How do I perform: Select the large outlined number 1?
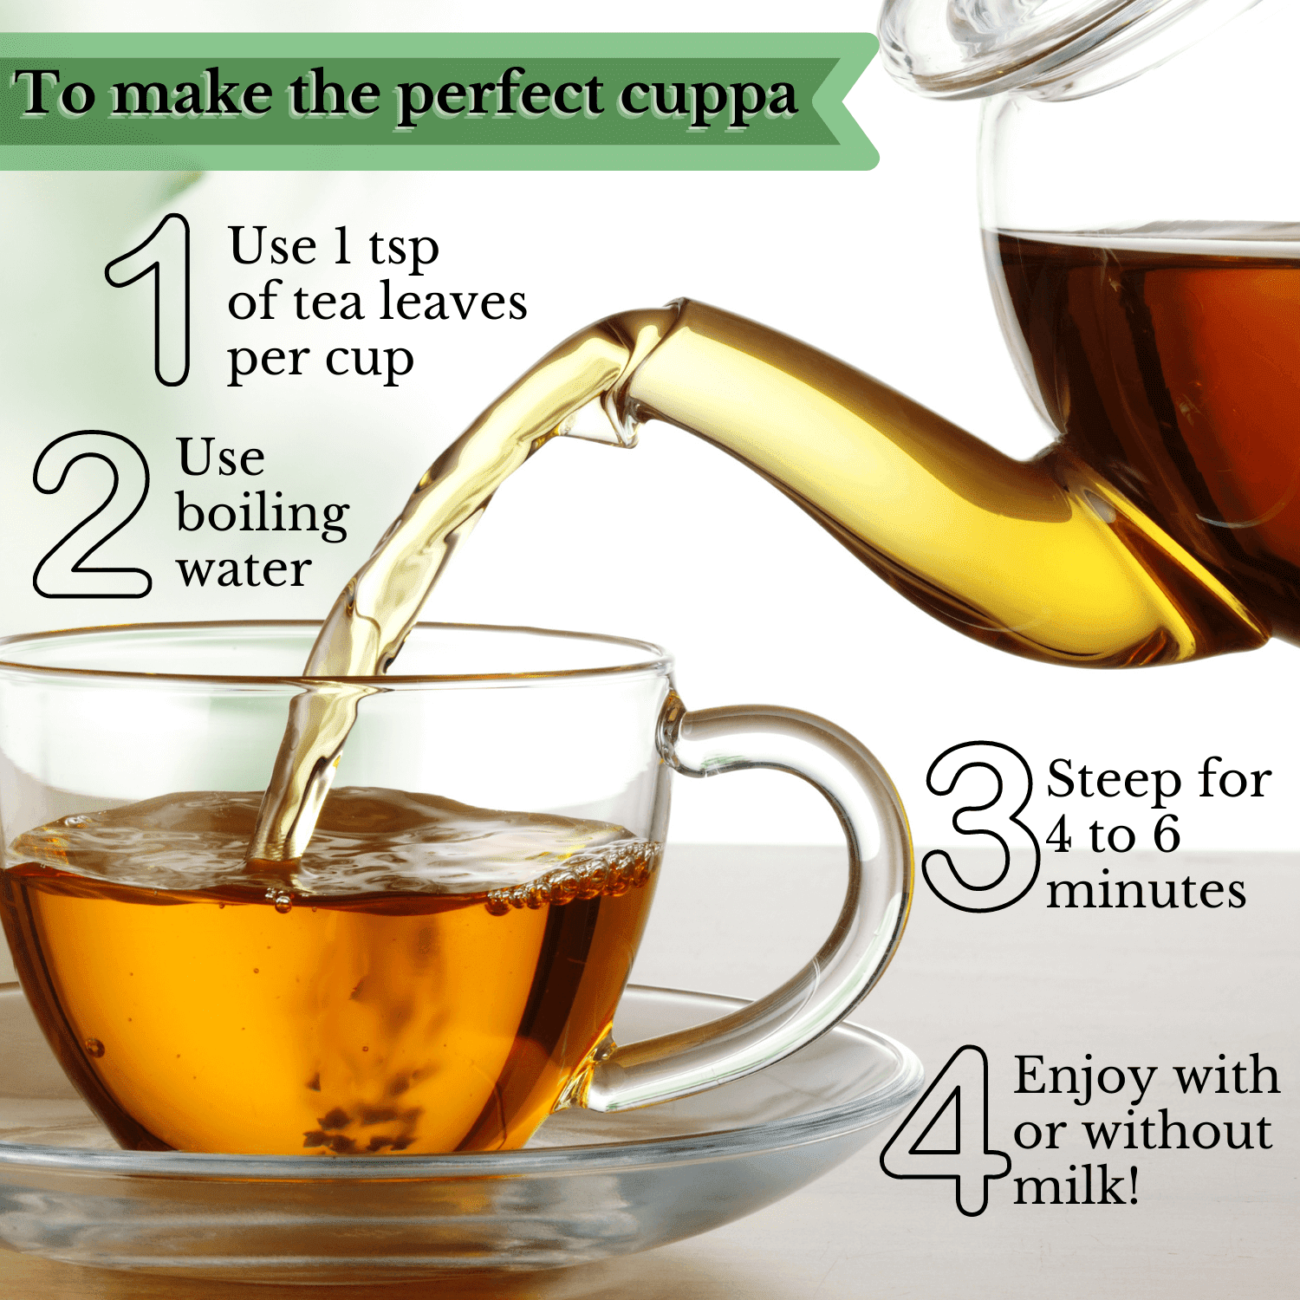point(149,300)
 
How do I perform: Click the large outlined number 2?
point(92,514)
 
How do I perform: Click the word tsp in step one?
point(404,250)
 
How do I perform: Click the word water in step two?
point(244,571)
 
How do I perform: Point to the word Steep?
point(1113,781)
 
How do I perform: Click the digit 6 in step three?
point(1167,835)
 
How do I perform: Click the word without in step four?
point(1178,1132)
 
